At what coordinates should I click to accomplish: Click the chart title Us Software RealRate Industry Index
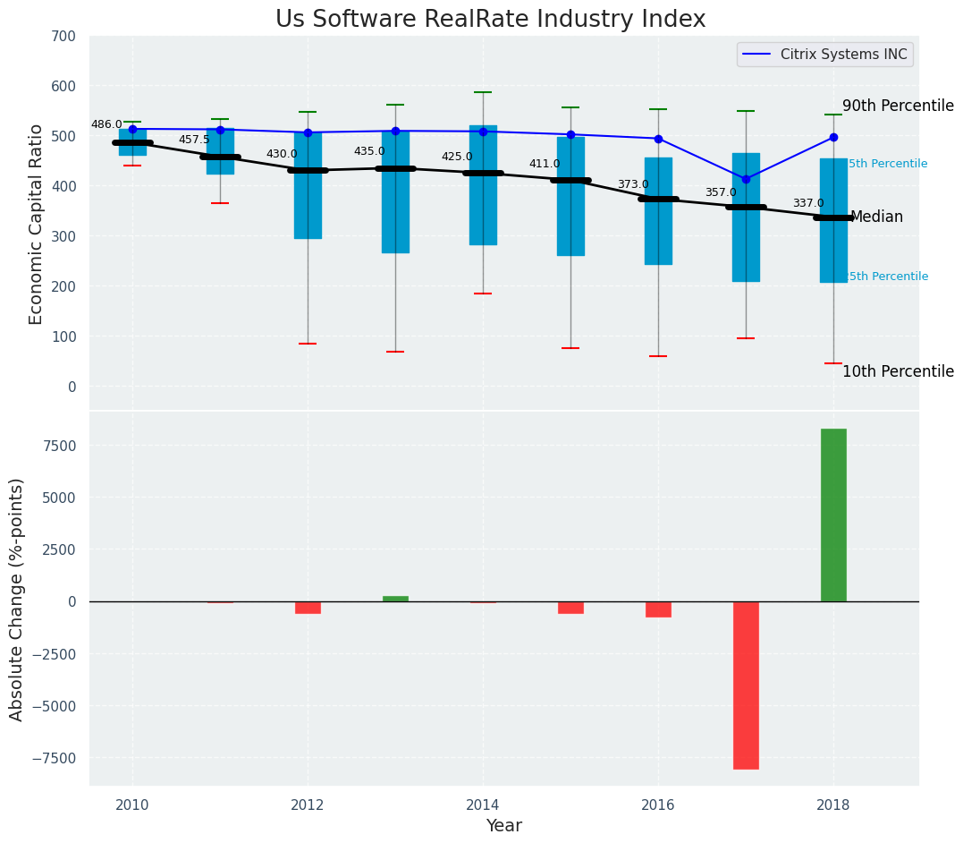490,19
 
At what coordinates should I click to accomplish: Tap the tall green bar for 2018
833,515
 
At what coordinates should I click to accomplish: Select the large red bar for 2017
746,685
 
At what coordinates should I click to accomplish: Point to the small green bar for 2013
395,599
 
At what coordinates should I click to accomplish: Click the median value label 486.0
106,124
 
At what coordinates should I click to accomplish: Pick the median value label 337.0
808,203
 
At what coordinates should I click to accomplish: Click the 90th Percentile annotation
898,106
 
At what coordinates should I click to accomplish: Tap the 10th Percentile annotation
898,371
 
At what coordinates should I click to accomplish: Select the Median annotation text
876,217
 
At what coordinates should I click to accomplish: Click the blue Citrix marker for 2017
746,179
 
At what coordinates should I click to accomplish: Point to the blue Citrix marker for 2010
132,129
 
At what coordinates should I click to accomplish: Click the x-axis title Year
503,826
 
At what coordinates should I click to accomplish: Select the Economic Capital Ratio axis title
37,224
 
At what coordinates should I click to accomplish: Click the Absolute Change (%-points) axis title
17,599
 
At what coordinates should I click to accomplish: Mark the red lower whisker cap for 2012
308,344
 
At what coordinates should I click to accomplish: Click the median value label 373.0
633,184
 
